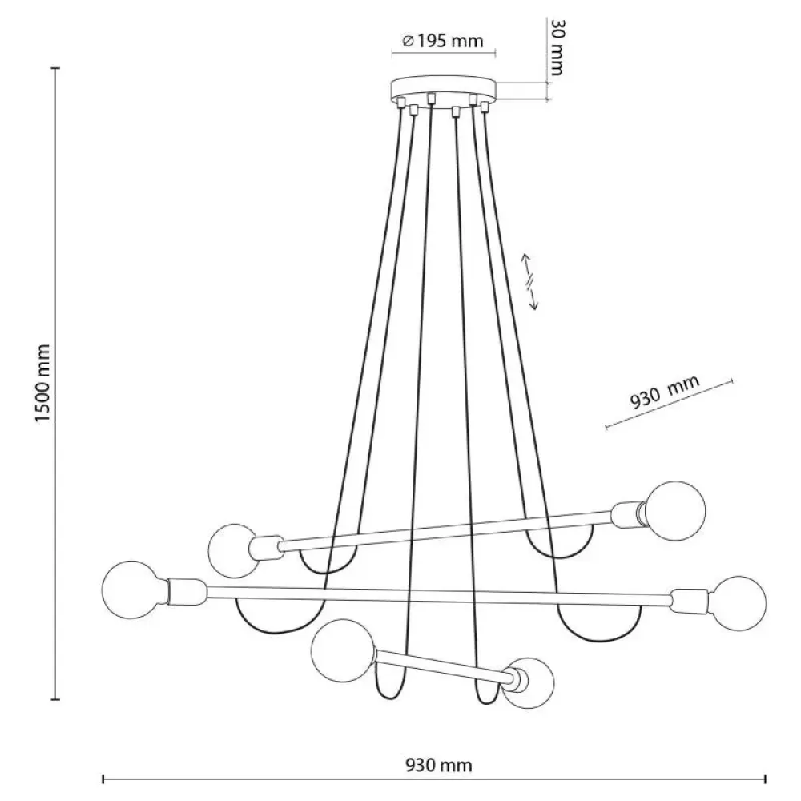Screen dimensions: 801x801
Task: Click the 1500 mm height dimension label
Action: point(43,383)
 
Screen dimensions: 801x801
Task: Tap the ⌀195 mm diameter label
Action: point(443,41)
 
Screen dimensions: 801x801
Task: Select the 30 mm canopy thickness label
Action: point(557,47)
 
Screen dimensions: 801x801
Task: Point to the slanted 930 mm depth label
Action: point(663,392)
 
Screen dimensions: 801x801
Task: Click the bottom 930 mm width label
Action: point(439,765)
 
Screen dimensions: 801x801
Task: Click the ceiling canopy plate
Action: point(444,90)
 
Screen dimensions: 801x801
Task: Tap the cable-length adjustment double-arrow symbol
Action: point(529,282)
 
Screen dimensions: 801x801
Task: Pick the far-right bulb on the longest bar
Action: point(738,603)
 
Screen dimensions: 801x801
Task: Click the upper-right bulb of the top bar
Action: point(675,511)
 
